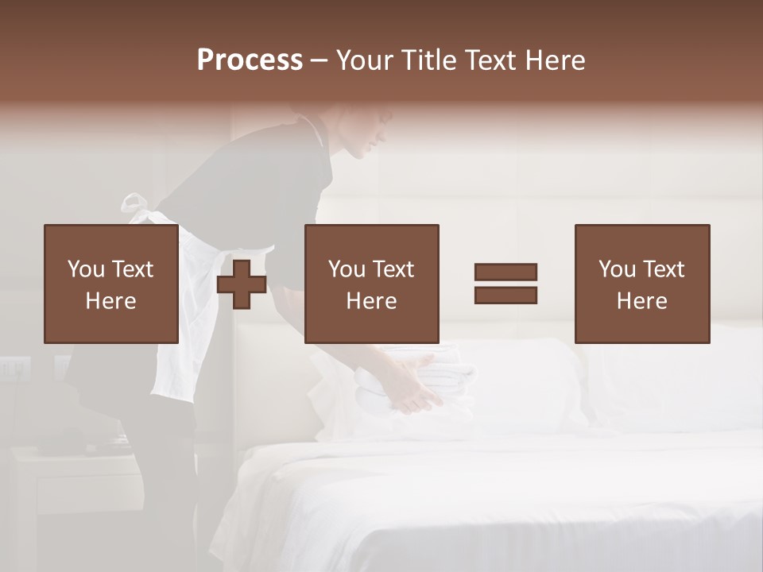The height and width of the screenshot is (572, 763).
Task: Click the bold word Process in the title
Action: click(250, 60)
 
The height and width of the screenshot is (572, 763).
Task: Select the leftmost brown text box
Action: click(110, 284)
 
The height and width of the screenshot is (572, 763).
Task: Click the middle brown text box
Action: click(371, 284)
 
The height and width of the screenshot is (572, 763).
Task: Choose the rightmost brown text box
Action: click(641, 284)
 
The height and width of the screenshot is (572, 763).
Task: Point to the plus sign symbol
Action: click(242, 284)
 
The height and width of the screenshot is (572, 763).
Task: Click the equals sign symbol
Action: click(505, 284)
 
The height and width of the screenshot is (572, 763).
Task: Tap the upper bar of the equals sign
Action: click(505, 272)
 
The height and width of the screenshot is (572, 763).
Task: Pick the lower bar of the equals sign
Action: click(505, 295)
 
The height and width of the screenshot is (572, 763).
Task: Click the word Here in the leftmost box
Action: click(110, 301)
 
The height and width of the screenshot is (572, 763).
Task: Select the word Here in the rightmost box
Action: click(641, 301)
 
